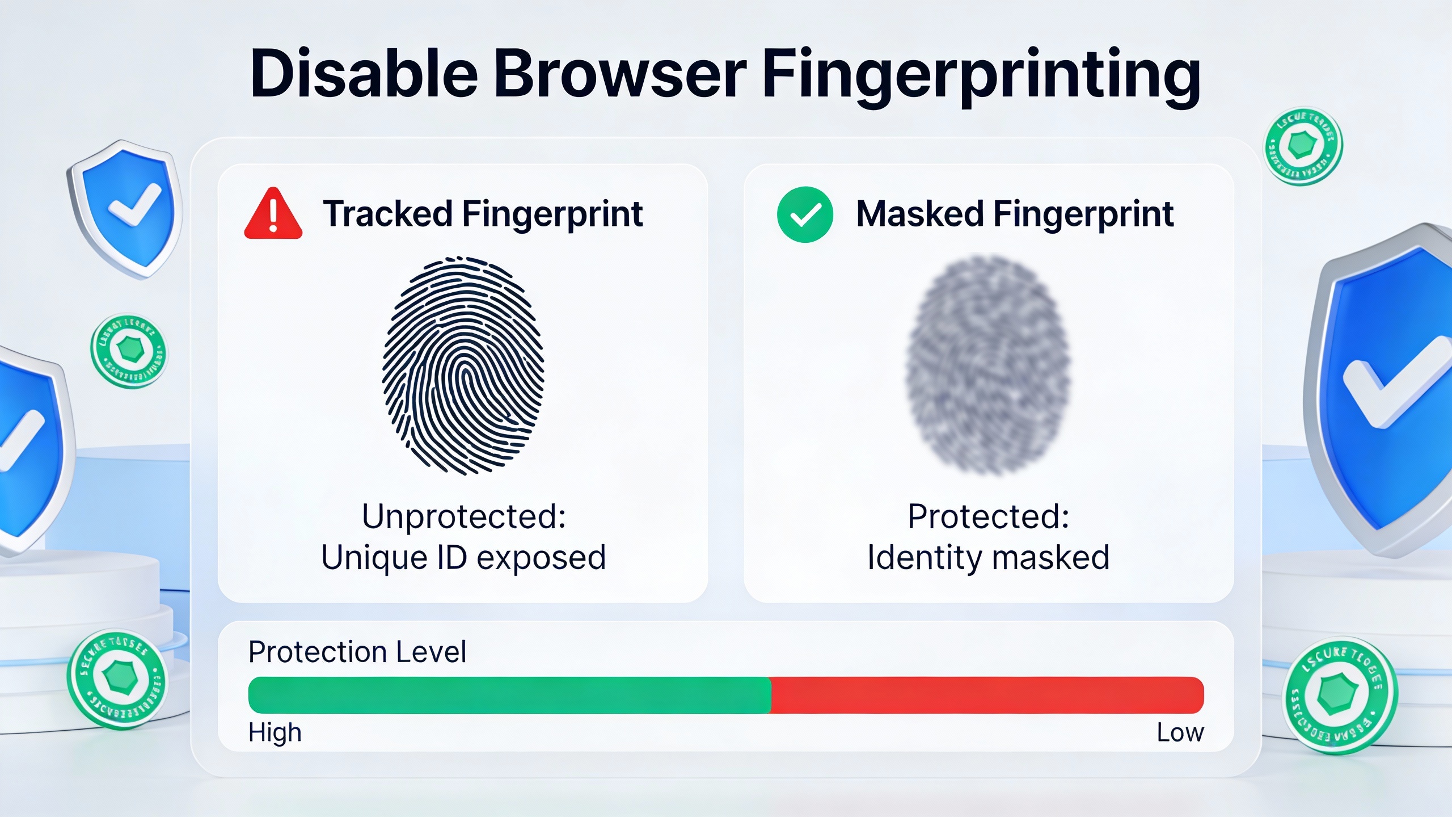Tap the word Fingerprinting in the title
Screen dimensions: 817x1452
coord(981,77)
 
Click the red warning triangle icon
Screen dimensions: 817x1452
coord(273,214)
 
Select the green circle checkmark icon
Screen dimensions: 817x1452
coord(805,214)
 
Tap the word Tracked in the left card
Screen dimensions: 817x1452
coord(387,214)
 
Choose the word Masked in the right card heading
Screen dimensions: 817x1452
coord(919,214)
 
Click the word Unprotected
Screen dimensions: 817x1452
coord(463,516)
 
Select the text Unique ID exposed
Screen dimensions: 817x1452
coord(463,557)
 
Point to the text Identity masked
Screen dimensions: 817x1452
coord(988,557)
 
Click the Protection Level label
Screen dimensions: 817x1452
coord(357,652)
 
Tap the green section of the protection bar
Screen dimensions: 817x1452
coord(509,695)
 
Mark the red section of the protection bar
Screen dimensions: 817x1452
coord(987,695)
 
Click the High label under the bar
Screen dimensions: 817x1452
coord(275,732)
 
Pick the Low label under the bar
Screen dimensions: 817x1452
coord(1180,732)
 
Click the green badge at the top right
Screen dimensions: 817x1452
coord(1303,146)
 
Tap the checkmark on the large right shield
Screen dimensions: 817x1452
coord(1395,380)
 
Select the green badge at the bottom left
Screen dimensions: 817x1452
coord(117,679)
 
